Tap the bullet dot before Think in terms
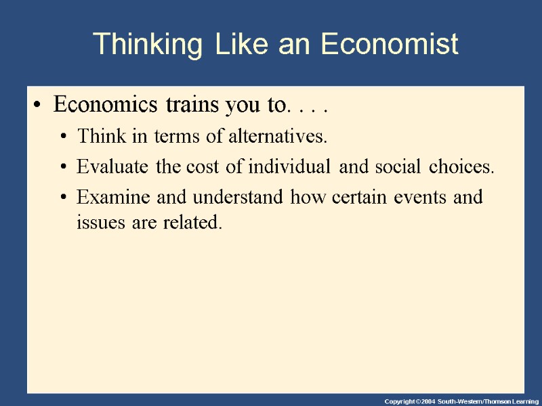63,138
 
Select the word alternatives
278,137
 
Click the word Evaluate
114,167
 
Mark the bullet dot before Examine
63,198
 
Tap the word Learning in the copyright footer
524,401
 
